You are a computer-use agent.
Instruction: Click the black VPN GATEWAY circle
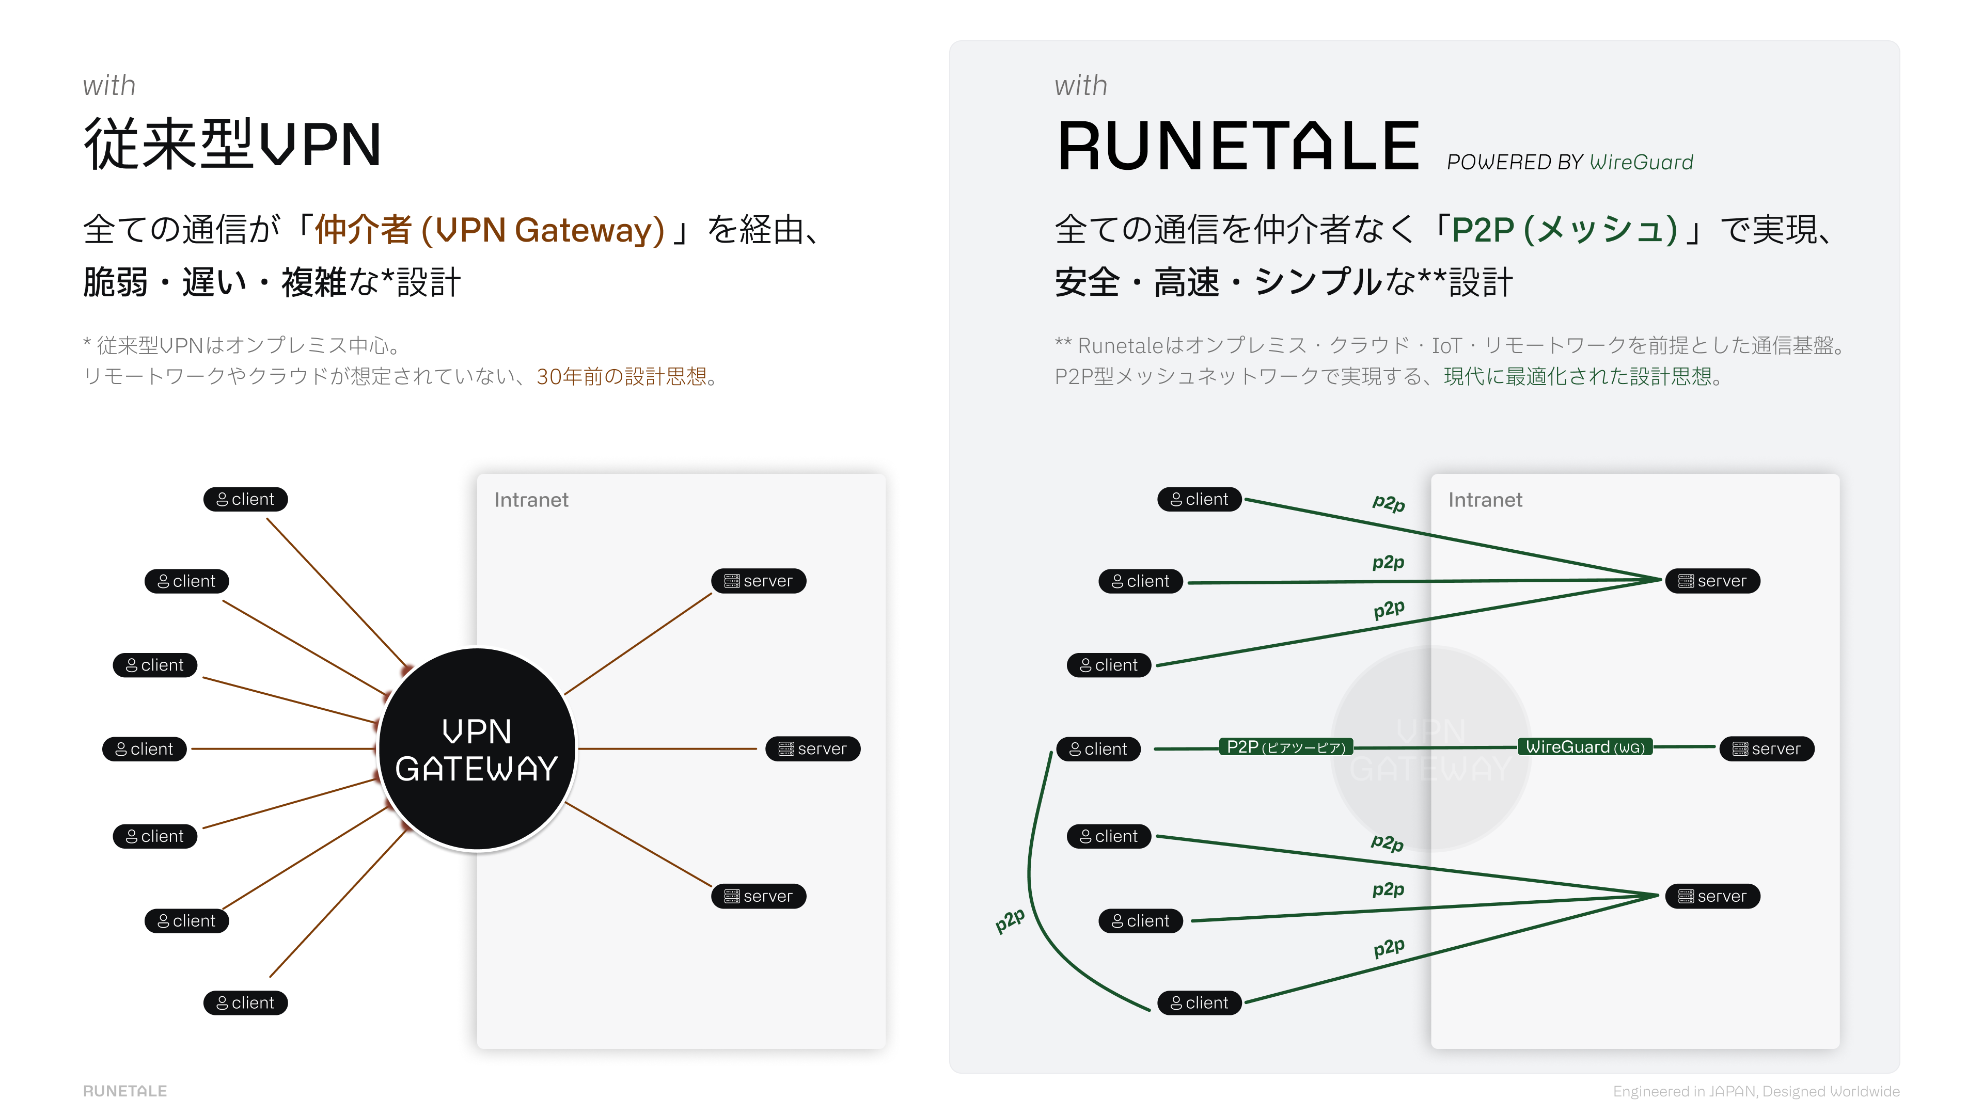[477, 748]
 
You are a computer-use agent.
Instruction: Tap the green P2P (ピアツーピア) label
[1285, 747]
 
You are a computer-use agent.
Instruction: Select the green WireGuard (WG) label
[1585, 747]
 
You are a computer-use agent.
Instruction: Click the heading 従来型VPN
[232, 144]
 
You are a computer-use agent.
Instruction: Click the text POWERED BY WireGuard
[1570, 163]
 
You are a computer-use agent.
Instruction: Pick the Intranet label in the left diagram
[531, 500]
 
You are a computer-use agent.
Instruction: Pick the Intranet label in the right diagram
[1485, 500]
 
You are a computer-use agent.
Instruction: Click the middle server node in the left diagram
[813, 748]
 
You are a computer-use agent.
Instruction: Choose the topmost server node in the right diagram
[1713, 581]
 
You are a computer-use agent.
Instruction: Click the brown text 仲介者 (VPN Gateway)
[490, 230]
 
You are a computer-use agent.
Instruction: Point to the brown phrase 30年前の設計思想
[621, 376]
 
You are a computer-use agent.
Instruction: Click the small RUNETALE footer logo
[124, 1091]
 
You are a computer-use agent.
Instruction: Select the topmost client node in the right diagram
[1199, 499]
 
